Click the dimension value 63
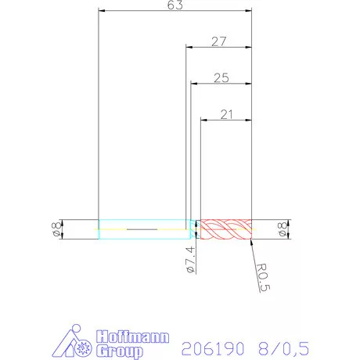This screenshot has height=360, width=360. click(175, 6)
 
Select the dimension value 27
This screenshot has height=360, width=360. click(218, 40)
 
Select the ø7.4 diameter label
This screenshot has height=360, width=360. click(189, 258)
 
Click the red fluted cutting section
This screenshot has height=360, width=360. click(225, 229)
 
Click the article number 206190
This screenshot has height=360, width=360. click(211, 347)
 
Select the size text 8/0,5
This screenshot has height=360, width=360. click(281, 347)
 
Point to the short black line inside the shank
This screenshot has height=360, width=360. click(142, 229)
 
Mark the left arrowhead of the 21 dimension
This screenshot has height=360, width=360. click(203, 121)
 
